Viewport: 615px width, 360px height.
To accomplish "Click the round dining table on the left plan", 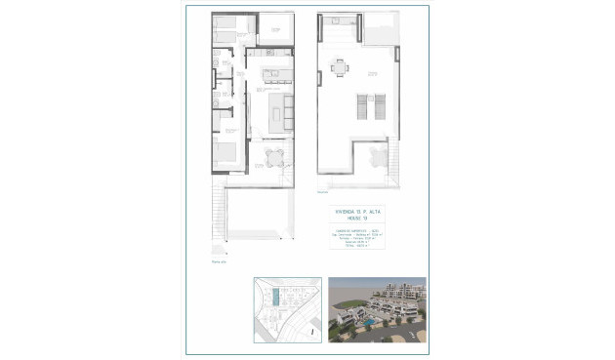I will tap(275, 157).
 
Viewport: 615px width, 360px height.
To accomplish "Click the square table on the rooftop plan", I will tap(339, 67).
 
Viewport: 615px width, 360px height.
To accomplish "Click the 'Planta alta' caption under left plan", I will tap(218, 261).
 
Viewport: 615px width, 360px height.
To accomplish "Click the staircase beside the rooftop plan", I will tap(395, 161).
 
